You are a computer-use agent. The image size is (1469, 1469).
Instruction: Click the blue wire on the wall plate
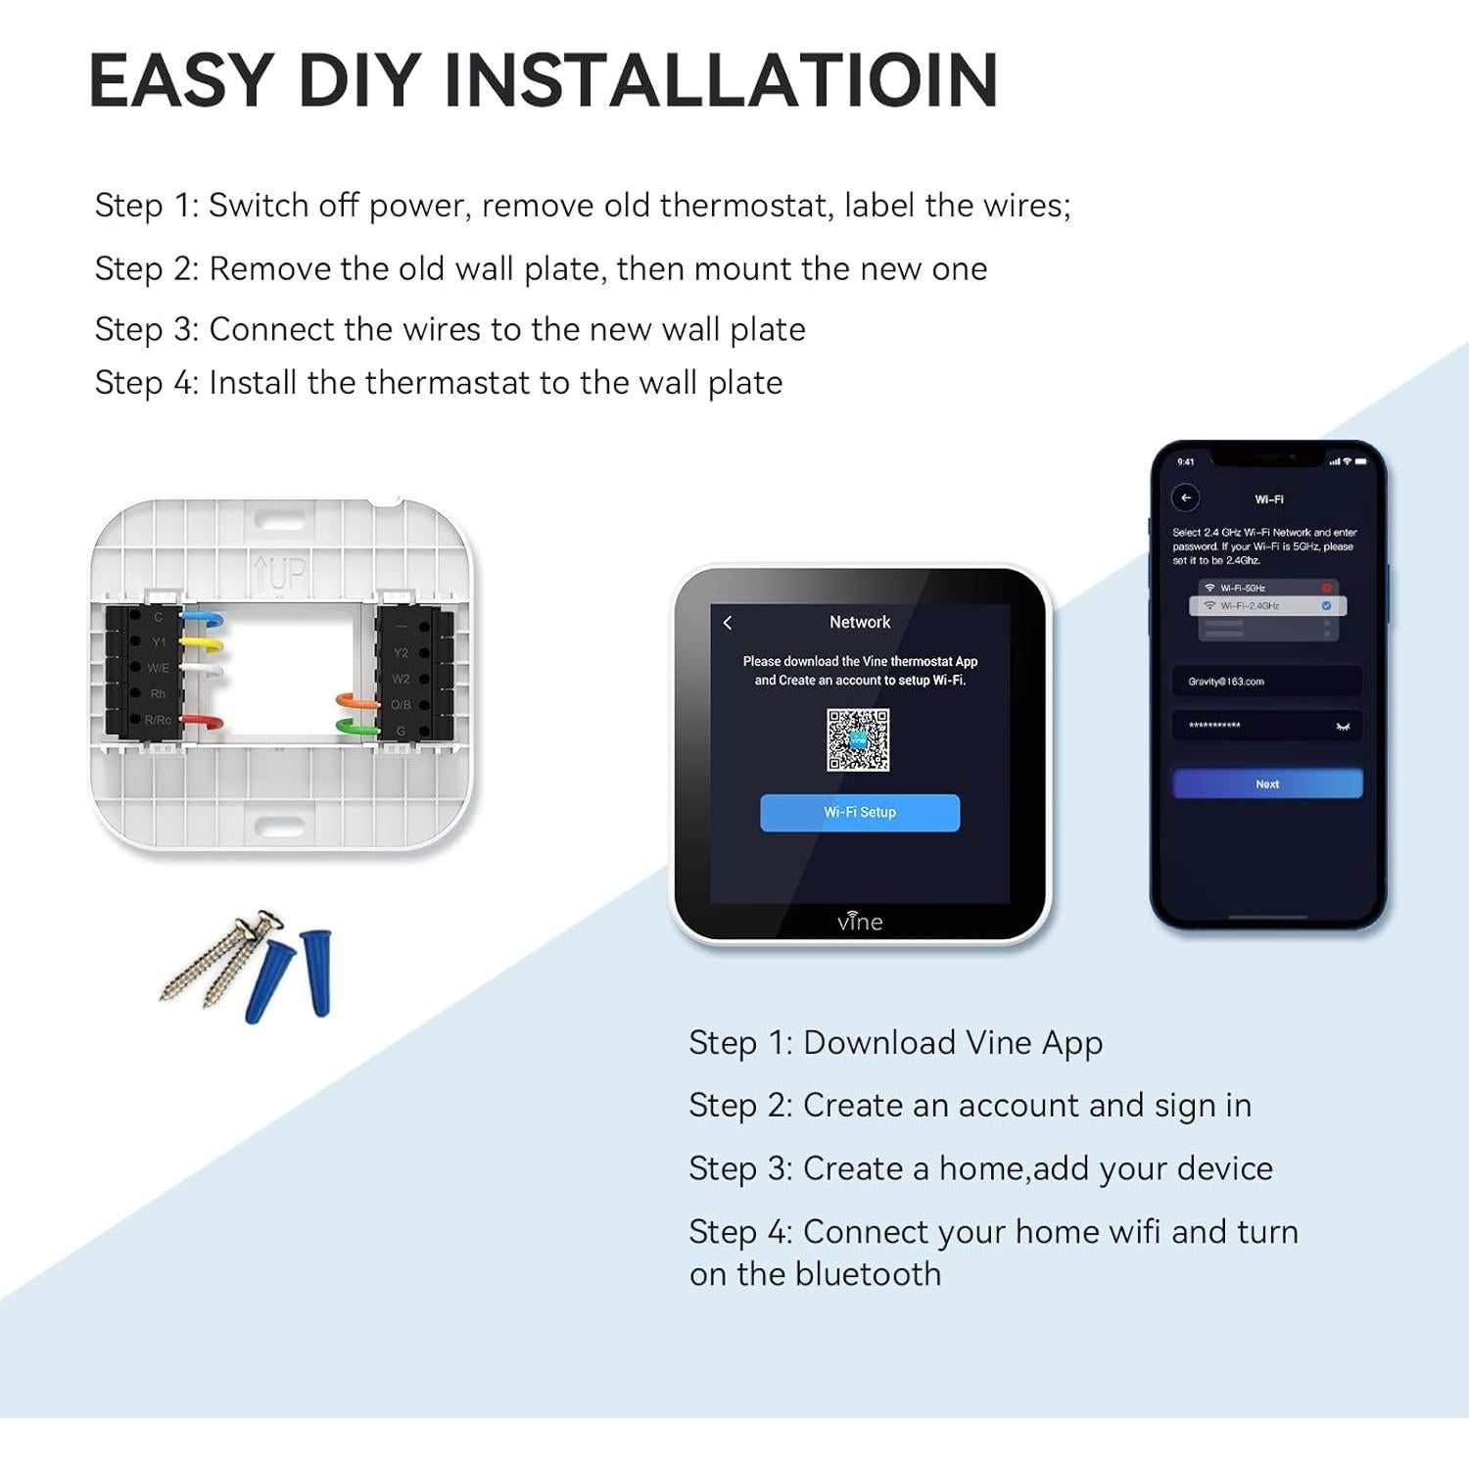[204, 620]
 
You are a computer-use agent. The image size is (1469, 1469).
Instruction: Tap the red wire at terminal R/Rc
[203, 723]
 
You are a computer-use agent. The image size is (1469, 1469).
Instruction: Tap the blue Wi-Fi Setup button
[860, 813]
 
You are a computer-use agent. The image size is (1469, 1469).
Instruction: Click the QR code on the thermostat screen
[858, 740]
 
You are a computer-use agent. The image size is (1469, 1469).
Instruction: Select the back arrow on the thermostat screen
[728, 623]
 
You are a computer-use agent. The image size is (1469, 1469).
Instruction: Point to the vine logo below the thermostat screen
[860, 922]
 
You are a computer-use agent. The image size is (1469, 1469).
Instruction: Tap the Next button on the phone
[1267, 783]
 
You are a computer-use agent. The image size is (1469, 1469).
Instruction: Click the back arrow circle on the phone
[1186, 498]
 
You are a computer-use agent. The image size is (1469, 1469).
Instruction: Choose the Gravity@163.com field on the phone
[1266, 681]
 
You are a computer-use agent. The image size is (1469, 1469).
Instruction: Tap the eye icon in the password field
[1343, 726]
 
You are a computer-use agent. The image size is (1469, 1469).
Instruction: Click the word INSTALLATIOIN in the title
[721, 80]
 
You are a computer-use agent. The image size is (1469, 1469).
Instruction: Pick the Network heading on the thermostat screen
[860, 622]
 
